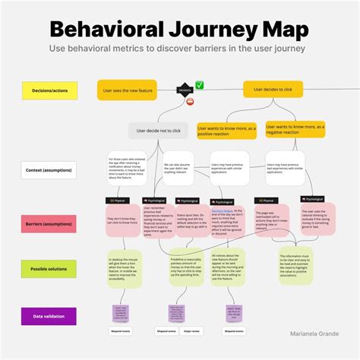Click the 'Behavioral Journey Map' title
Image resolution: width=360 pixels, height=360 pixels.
point(179,30)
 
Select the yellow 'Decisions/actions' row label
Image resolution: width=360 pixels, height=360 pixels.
point(49,91)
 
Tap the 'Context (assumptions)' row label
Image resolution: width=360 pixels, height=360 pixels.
point(49,169)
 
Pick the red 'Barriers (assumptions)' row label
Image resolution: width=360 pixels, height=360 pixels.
point(49,223)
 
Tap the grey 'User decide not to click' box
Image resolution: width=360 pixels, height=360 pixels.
point(158,131)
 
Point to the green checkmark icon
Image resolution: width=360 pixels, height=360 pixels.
point(199,85)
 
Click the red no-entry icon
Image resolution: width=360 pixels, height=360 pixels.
point(190,102)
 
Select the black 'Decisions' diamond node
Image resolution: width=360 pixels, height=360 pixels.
point(185,90)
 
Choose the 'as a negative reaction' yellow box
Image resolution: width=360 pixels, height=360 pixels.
point(296,130)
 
